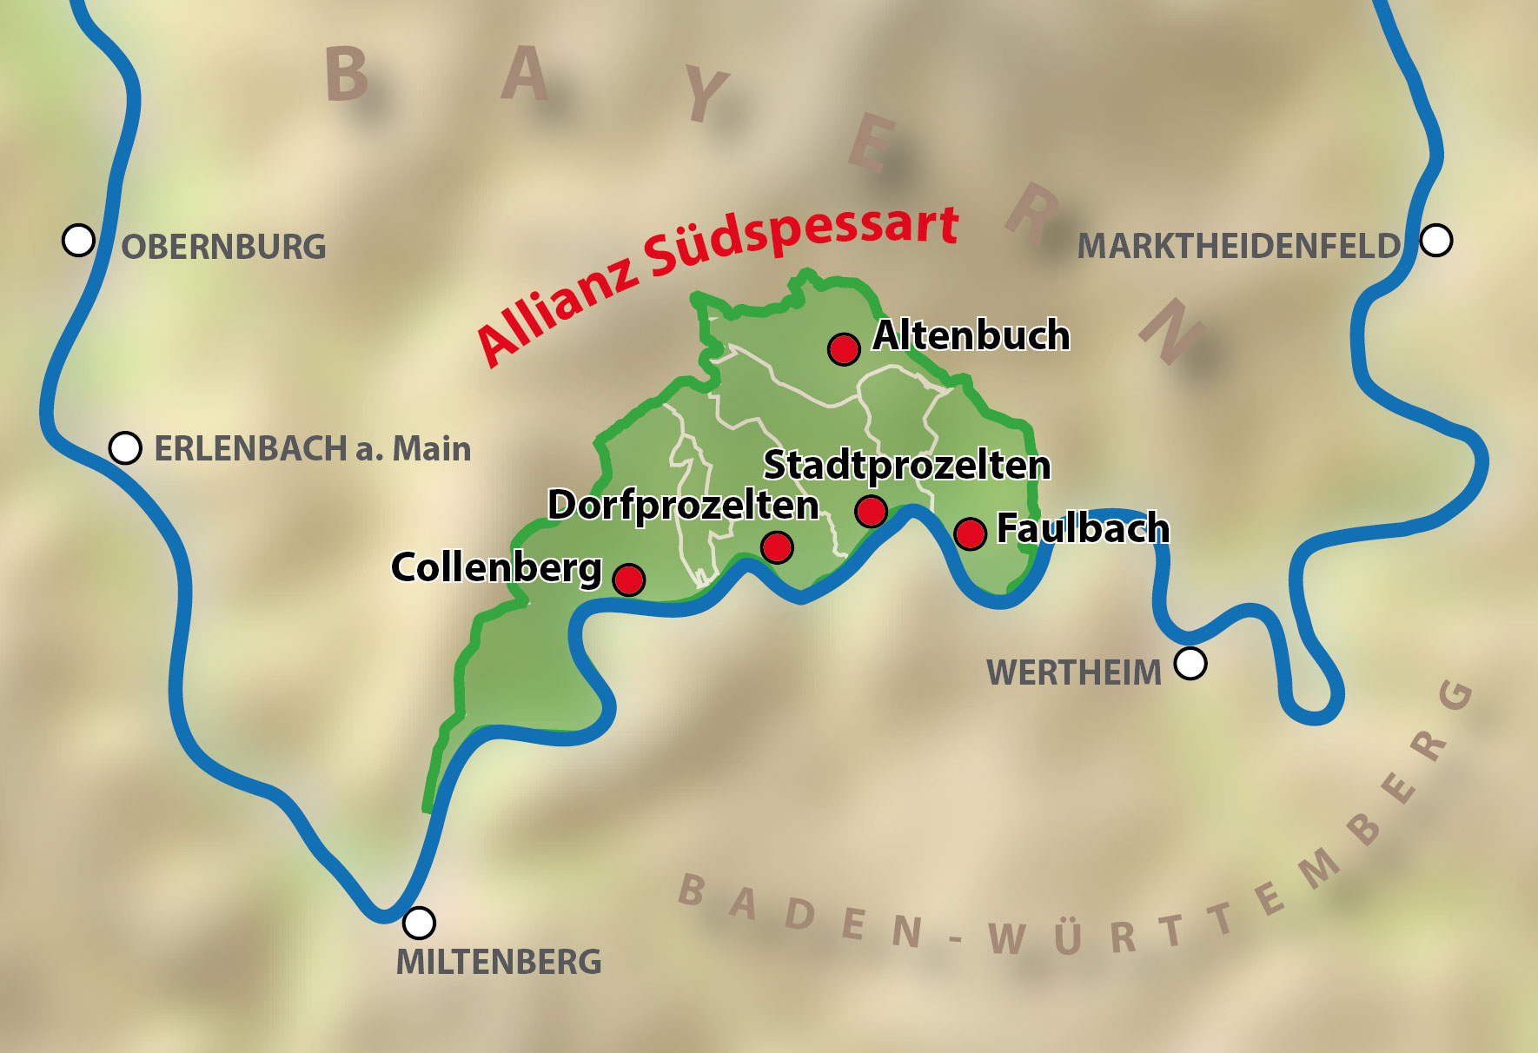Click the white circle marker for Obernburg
(78, 240)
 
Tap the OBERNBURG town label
(223, 248)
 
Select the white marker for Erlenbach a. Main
(125, 448)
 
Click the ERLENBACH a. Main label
(312, 449)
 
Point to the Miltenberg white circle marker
(420, 923)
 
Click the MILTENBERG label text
(499, 962)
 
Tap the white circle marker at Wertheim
(1190, 664)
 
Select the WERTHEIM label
(1073, 673)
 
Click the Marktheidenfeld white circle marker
(1436, 240)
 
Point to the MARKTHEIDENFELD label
(1238, 247)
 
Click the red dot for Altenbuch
(844, 349)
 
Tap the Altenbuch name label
(971, 335)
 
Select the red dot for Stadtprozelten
(871, 511)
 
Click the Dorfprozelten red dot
(777, 547)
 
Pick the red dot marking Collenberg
(629, 579)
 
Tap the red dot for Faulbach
(970, 533)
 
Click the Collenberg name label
(496, 567)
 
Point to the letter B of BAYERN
(347, 74)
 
